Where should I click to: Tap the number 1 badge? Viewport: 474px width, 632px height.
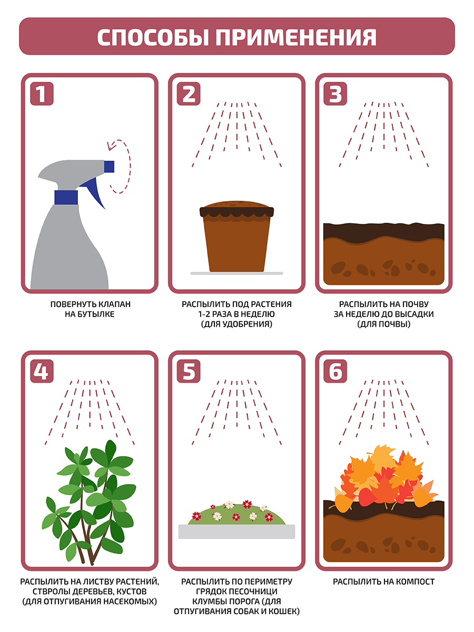(x=42, y=94)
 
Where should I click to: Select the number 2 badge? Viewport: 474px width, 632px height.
(x=189, y=94)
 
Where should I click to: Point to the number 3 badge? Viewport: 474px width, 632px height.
(x=335, y=94)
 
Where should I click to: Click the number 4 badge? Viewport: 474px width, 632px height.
(x=42, y=371)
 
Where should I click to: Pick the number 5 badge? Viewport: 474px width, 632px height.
(x=189, y=371)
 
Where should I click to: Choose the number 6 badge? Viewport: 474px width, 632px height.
(x=335, y=371)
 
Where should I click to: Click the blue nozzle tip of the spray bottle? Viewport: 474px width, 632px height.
(x=109, y=167)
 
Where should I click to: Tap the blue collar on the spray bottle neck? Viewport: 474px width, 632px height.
(x=66, y=197)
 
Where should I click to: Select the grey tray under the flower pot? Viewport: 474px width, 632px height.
(x=236, y=273)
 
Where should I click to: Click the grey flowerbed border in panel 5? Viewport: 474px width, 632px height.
(x=236, y=531)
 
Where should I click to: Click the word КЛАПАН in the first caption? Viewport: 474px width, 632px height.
(x=115, y=304)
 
